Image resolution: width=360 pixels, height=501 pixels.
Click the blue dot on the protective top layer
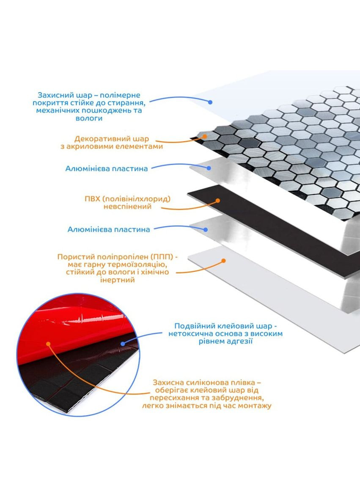(210, 102)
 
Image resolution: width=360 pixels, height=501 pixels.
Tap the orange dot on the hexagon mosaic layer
(205, 136)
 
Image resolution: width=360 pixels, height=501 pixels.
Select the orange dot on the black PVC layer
(218, 201)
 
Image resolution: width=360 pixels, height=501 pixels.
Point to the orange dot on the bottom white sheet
(224, 261)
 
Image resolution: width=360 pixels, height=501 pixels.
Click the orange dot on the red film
(48, 344)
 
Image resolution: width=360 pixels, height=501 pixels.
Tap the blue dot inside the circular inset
(123, 344)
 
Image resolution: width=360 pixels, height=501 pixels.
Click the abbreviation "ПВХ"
(93, 199)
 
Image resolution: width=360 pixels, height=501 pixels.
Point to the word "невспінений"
(127, 206)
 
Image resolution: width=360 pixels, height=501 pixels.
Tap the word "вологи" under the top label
(89, 118)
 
